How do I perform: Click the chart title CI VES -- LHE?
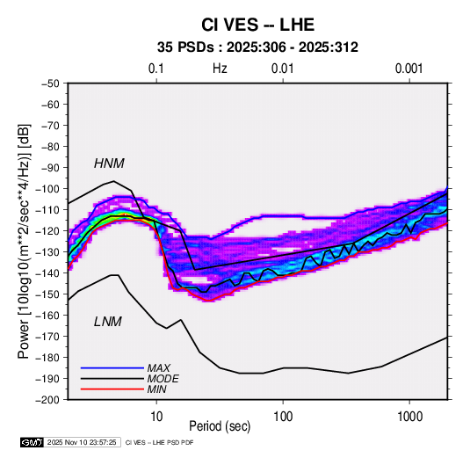tap(257, 25)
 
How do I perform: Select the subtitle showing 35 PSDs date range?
tap(257, 47)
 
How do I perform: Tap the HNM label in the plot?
tap(109, 163)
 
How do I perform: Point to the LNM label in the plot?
tap(108, 322)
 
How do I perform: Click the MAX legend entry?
tap(159, 368)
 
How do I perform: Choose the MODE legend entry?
tap(163, 379)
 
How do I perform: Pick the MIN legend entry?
tap(156, 389)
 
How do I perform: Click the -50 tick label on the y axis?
tap(50, 84)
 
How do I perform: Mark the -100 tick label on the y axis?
tap(47, 189)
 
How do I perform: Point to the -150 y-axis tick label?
tap(47, 294)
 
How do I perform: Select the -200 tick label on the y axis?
tap(47, 400)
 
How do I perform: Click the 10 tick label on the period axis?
tap(156, 417)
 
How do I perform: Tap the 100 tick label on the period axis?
tap(283, 417)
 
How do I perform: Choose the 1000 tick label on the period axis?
tap(409, 417)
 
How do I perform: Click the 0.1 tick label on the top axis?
tap(156, 69)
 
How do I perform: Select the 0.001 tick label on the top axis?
tap(409, 69)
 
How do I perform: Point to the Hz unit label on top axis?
tap(220, 69)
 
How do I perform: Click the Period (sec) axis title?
tap(220, 426)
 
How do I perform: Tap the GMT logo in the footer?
tap(33, 442)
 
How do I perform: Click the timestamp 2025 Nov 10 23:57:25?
tap(82, 442)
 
